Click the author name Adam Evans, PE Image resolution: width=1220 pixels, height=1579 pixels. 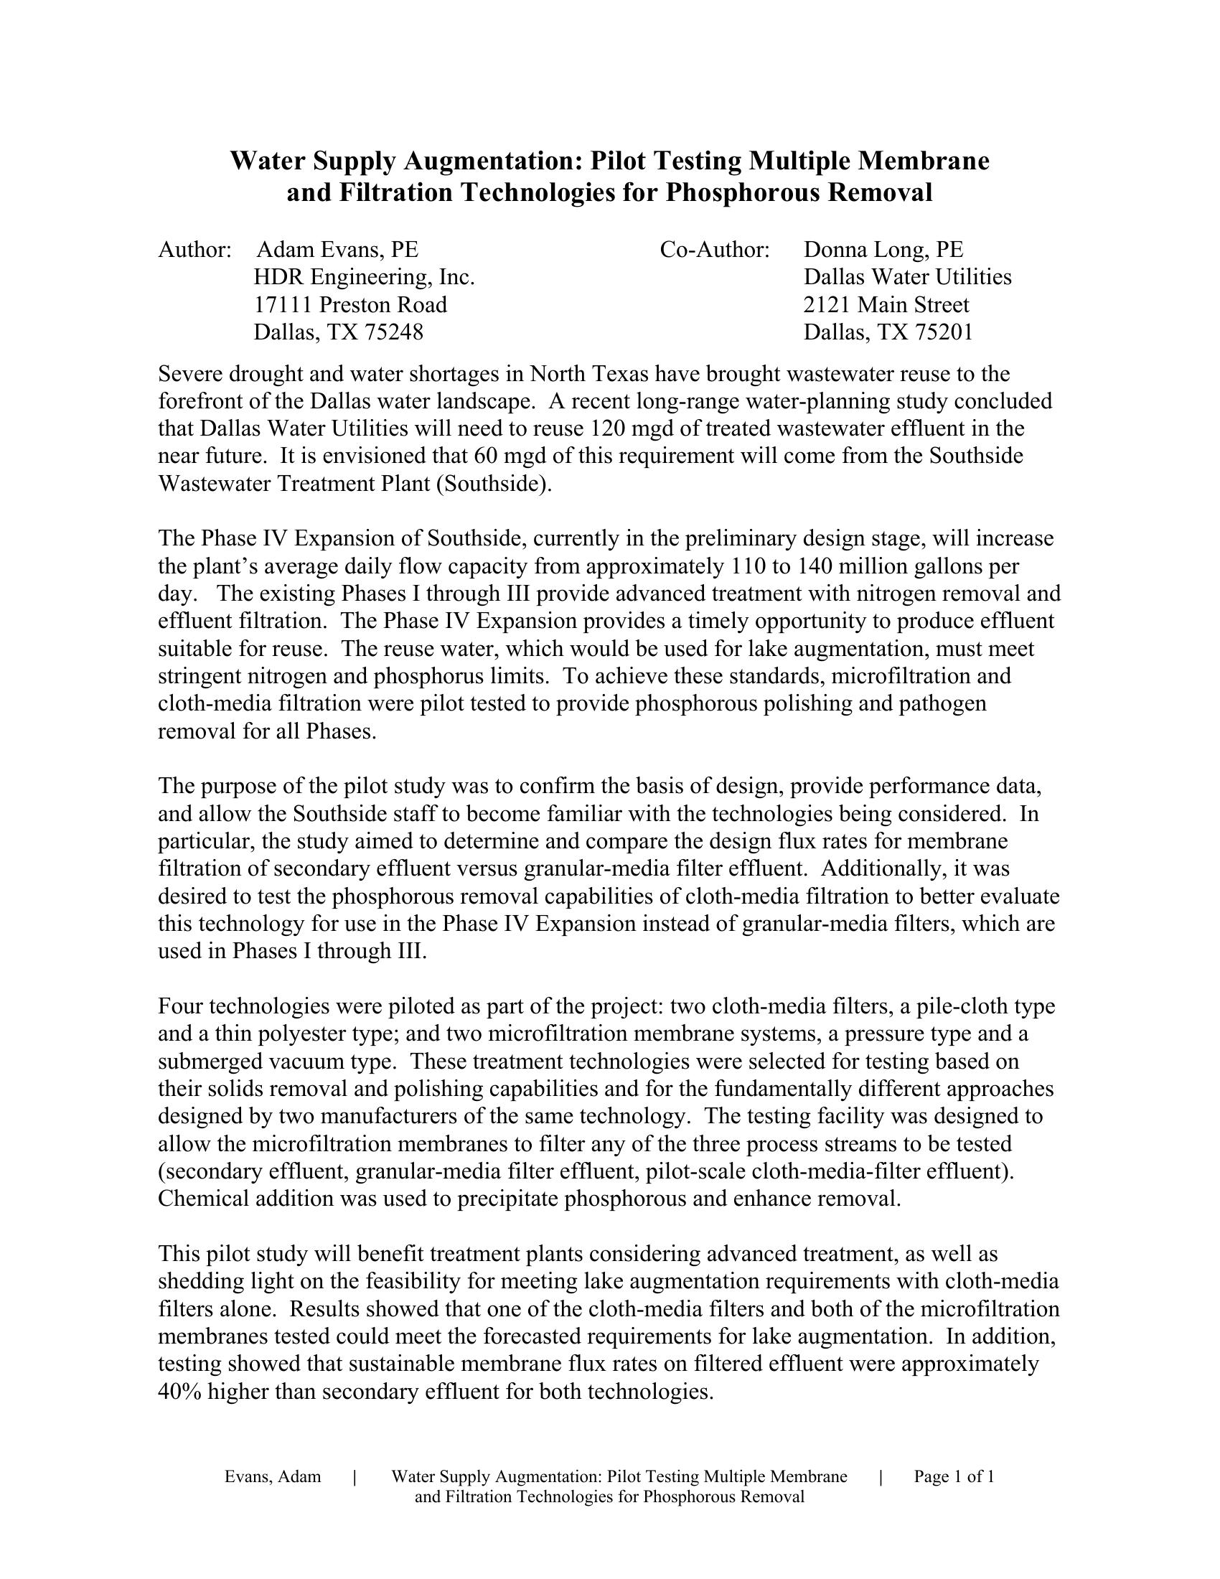click(x=337, y=250)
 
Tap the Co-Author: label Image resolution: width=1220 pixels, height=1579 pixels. click(x=715, y=250)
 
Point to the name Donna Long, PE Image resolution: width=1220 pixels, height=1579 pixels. click(x=883, y=250)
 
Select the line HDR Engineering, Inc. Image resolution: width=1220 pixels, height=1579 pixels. click(x=364, y=278)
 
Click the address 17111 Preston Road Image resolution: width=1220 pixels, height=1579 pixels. click(x=349, y=305)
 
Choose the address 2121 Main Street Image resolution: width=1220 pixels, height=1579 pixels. click(x=886, y=305)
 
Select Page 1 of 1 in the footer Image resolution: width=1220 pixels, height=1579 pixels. click(x=954, y=1477)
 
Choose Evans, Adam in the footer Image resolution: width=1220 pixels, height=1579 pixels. click(x=273, y=1477)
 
